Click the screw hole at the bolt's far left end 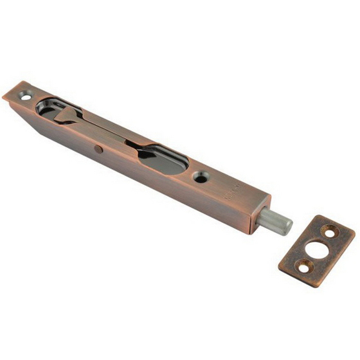[x=24, y=95]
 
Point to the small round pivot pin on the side [x=97, y=149]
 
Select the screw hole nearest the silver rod [x=201, y=177]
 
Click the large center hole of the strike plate [x=314, y=248]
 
